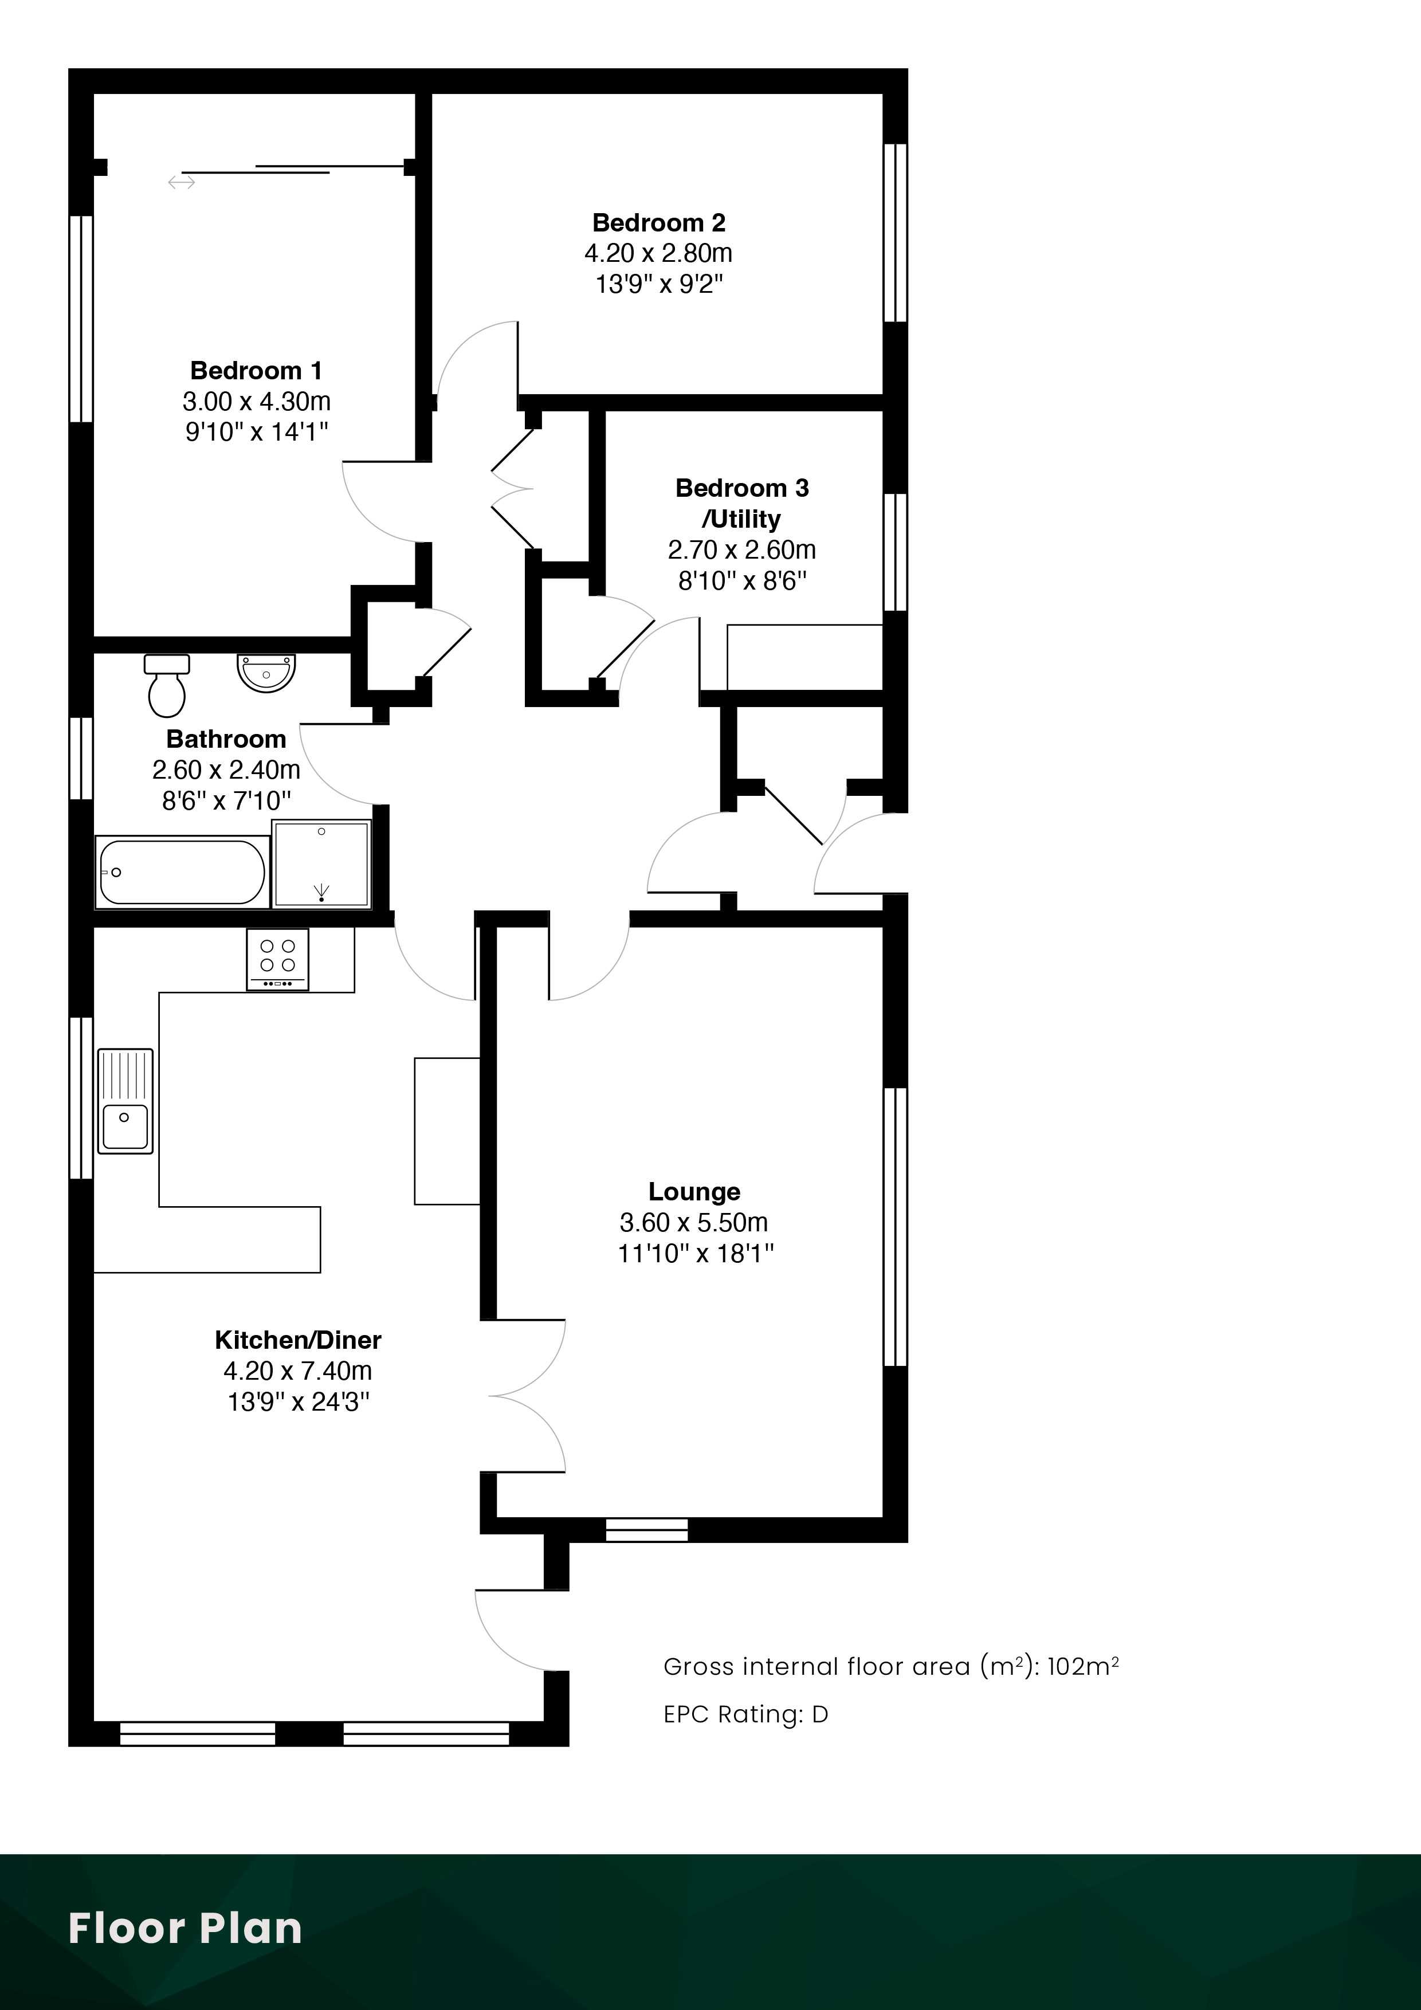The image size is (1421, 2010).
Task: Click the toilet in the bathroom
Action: tap(166, 685)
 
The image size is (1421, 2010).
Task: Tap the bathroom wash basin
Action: tap(266, 672)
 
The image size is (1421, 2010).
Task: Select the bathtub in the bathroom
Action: tap(182, 872)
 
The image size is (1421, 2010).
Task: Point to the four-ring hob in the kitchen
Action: tap(277, 960)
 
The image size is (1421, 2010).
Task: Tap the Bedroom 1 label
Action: tap(256, 371)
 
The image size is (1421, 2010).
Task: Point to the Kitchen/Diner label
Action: tap(298, 1340)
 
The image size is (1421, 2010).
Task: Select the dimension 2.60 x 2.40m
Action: tap(226, 770)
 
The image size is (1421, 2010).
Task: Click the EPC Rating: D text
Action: tap(745, 1714)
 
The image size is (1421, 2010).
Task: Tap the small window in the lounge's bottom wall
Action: tap(647, 1529)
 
